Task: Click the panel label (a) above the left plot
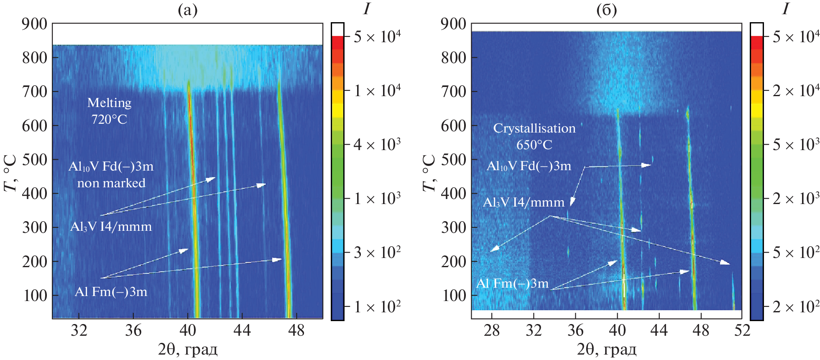187,10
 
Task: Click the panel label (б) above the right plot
606,10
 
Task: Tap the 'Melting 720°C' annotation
109,111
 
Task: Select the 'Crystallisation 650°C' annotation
534,136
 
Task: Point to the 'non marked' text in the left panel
111,183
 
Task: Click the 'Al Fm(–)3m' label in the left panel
111,291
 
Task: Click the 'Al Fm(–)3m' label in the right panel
512,283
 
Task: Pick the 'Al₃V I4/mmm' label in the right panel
524,202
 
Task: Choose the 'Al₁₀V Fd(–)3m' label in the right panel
529,166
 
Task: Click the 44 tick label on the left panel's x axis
242,331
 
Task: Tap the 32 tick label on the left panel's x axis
79,331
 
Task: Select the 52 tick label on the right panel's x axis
742,331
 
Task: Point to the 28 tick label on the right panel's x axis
492,331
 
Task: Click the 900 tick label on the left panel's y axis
35,24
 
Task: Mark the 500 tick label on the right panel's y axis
454,159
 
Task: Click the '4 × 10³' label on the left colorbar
377,144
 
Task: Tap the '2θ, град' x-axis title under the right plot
606,349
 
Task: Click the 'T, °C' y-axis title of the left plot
10,173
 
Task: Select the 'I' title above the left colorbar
367,8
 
